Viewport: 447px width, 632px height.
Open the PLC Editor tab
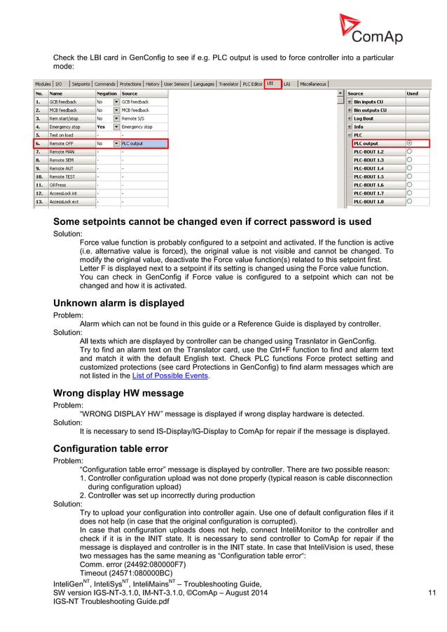252,84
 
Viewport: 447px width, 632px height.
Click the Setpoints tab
81,84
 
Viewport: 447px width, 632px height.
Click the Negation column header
107,93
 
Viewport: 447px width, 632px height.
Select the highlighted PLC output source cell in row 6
144,144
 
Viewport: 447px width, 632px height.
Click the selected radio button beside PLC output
409,143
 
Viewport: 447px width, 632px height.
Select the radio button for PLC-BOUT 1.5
409,177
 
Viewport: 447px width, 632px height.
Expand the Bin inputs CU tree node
349,102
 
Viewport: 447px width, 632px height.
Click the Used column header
413,93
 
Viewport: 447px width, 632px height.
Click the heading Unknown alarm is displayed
119,303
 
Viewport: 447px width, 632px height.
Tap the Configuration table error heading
114,448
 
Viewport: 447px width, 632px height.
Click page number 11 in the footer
432,594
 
